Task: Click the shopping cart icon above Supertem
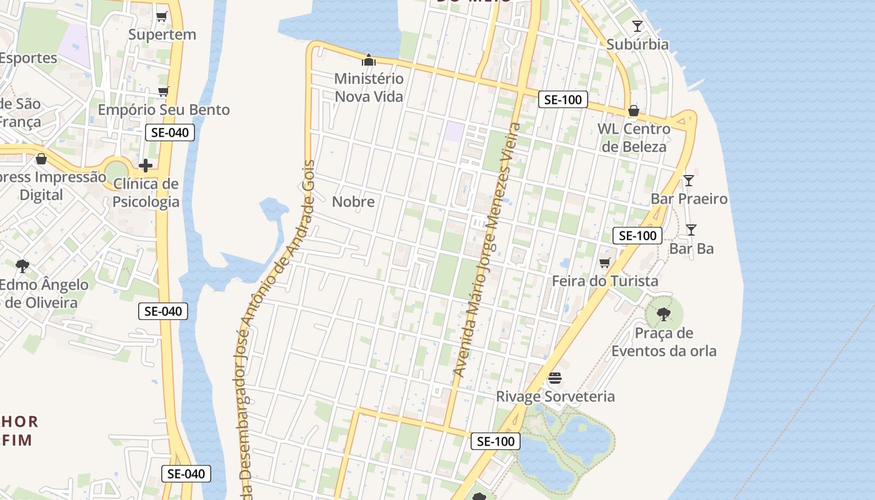click(x=162, y=16)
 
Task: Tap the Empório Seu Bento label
click(x=164, y=110)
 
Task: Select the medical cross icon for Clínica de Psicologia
click(x=146, y=166)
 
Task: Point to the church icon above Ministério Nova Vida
click(x=369, y=61)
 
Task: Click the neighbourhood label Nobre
click(x=353, y=202)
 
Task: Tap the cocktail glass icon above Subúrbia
click(x=637, y=26)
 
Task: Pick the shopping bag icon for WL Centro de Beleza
click(x=633, y=111)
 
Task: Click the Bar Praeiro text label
click(x=689, y=199)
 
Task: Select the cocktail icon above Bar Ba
click(x=691, y=230)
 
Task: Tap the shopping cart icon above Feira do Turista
click(x=604, y=263)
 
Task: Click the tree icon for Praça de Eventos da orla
click(x=664, y=314)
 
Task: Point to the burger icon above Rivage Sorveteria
click(x=555, y=378)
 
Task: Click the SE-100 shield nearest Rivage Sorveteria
click(x=496, y=441)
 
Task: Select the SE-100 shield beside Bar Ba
click(x=637, y=236)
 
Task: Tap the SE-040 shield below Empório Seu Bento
click(x=169, y=132)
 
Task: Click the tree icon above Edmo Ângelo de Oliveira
click(x=22, y=266)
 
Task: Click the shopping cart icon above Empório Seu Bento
click(x=164, y=92)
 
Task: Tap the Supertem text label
click(x=162, y=35)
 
